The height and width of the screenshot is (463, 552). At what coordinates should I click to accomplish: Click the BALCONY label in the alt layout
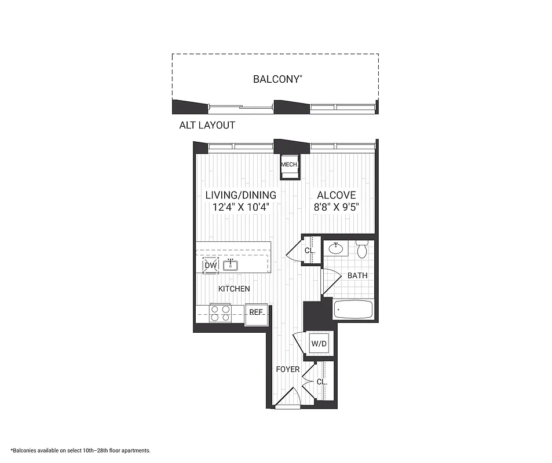(x=277, y=79)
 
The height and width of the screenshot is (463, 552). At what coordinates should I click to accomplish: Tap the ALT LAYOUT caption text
(x=207, y=125)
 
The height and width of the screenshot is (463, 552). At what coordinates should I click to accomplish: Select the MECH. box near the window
(x=289, y=164)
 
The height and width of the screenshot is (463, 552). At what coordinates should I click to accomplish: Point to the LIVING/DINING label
(x=240, y=195)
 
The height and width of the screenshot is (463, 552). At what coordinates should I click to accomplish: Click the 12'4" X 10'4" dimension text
(x=240, y=207)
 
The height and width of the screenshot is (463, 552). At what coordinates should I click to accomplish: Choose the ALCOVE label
(x=337, y=195)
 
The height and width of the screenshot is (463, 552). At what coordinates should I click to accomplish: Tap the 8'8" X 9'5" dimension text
(x=337, y=207)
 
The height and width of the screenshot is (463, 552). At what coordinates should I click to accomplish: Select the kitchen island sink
(x=231, y=265)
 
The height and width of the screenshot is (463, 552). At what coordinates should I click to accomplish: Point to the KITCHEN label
(x=234, y=288)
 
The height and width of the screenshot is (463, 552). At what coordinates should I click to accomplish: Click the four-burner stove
(x=220, y=313)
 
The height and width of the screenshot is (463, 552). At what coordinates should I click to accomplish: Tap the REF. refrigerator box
(x=256, y=313)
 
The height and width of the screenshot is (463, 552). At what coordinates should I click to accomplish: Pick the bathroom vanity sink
(x=336, y=249)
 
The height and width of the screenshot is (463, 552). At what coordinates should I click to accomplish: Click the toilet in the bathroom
(x=363, y=249)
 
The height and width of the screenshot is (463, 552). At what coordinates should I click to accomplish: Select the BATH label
(x=357, y=275)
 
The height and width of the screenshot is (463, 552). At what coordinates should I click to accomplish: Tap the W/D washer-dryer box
(x=319, y=344)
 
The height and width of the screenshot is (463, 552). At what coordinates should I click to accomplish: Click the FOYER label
(x=287, y=369)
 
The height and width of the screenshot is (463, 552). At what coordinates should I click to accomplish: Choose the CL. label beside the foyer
(x=322, y=383)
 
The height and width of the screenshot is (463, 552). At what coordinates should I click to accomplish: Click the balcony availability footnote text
(x=81, y=450)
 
